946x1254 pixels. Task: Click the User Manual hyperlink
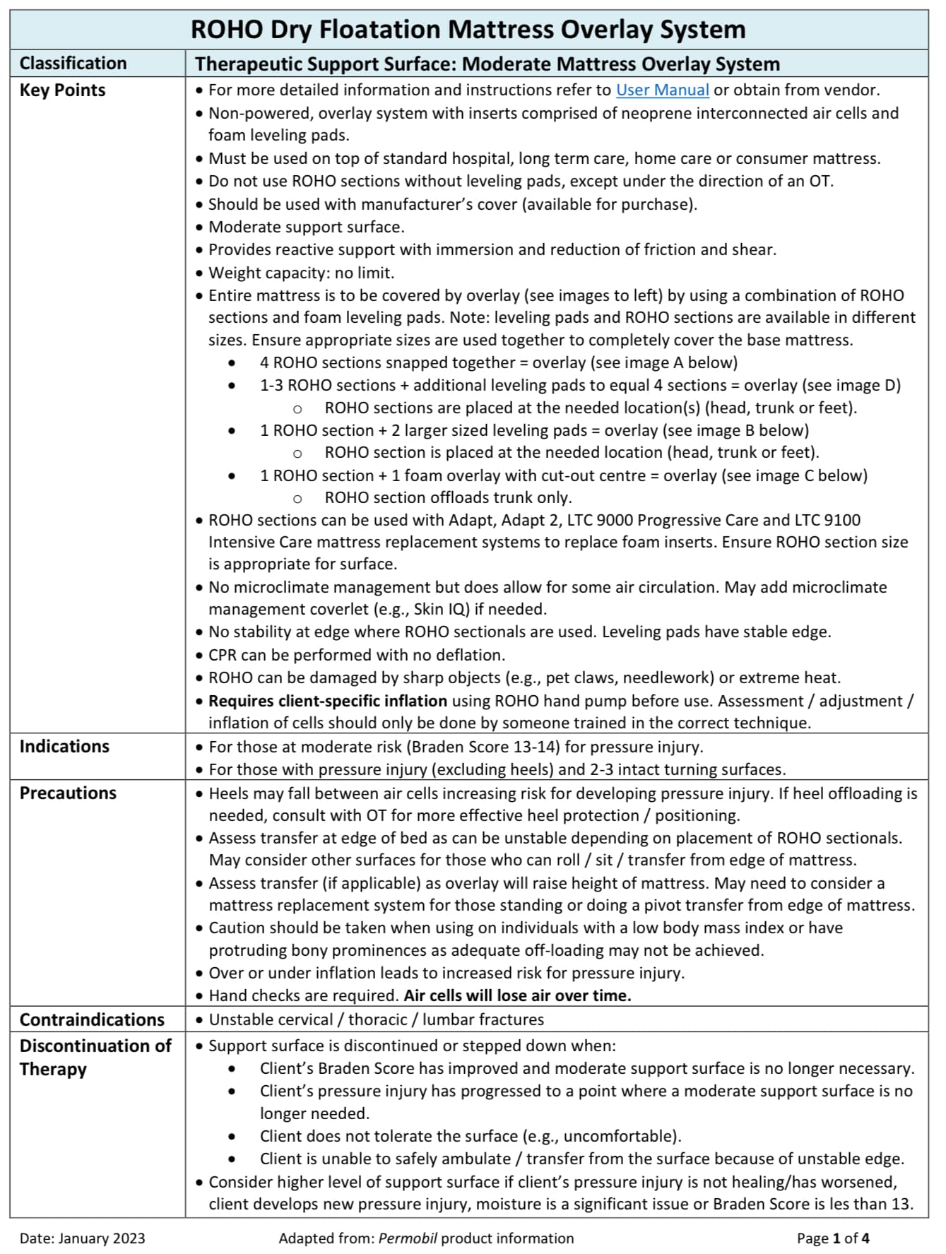662,90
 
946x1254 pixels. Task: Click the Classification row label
73,64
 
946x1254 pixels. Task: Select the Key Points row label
62,90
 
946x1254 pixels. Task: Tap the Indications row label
64,747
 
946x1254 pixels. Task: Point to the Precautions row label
68,793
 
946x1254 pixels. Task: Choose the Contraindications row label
92,1019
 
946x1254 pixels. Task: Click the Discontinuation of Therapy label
95,1057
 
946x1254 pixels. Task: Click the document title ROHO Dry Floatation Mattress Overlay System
468,30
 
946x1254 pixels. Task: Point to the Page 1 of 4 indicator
833,1238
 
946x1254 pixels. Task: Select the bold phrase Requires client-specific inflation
328,701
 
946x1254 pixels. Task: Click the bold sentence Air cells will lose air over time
517,995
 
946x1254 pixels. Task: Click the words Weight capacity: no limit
302,273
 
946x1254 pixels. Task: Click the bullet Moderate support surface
307,227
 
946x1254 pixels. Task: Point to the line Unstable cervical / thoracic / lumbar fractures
377,1019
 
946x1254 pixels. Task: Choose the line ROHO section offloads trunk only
448,497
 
